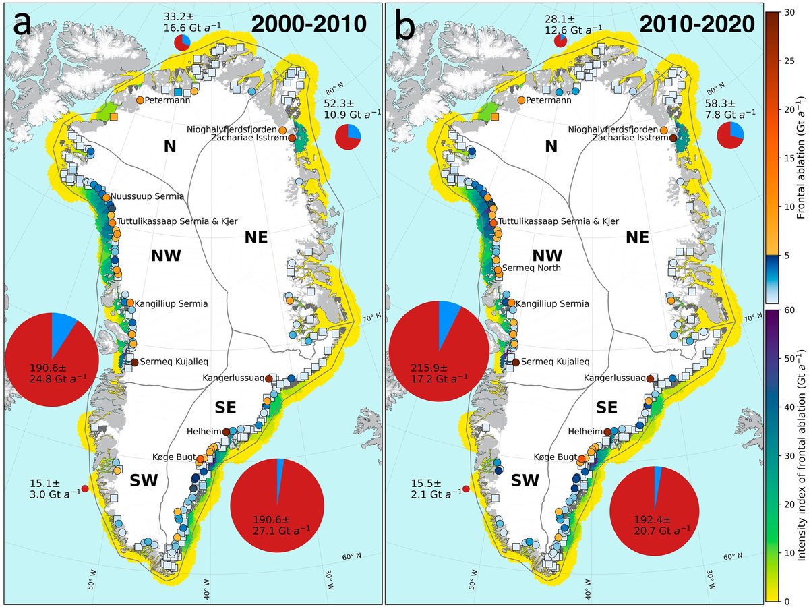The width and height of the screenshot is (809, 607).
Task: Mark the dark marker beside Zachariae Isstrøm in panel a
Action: tap(292, 138)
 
